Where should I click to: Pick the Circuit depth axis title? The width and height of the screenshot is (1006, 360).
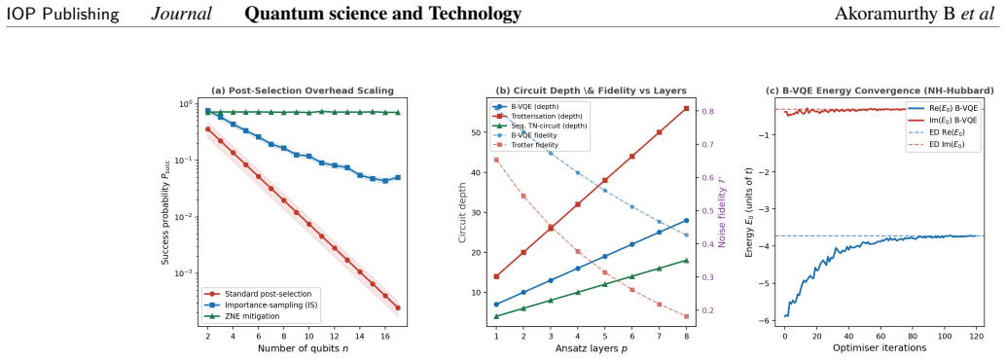464,212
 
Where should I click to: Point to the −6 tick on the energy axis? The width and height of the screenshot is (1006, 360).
766,320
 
